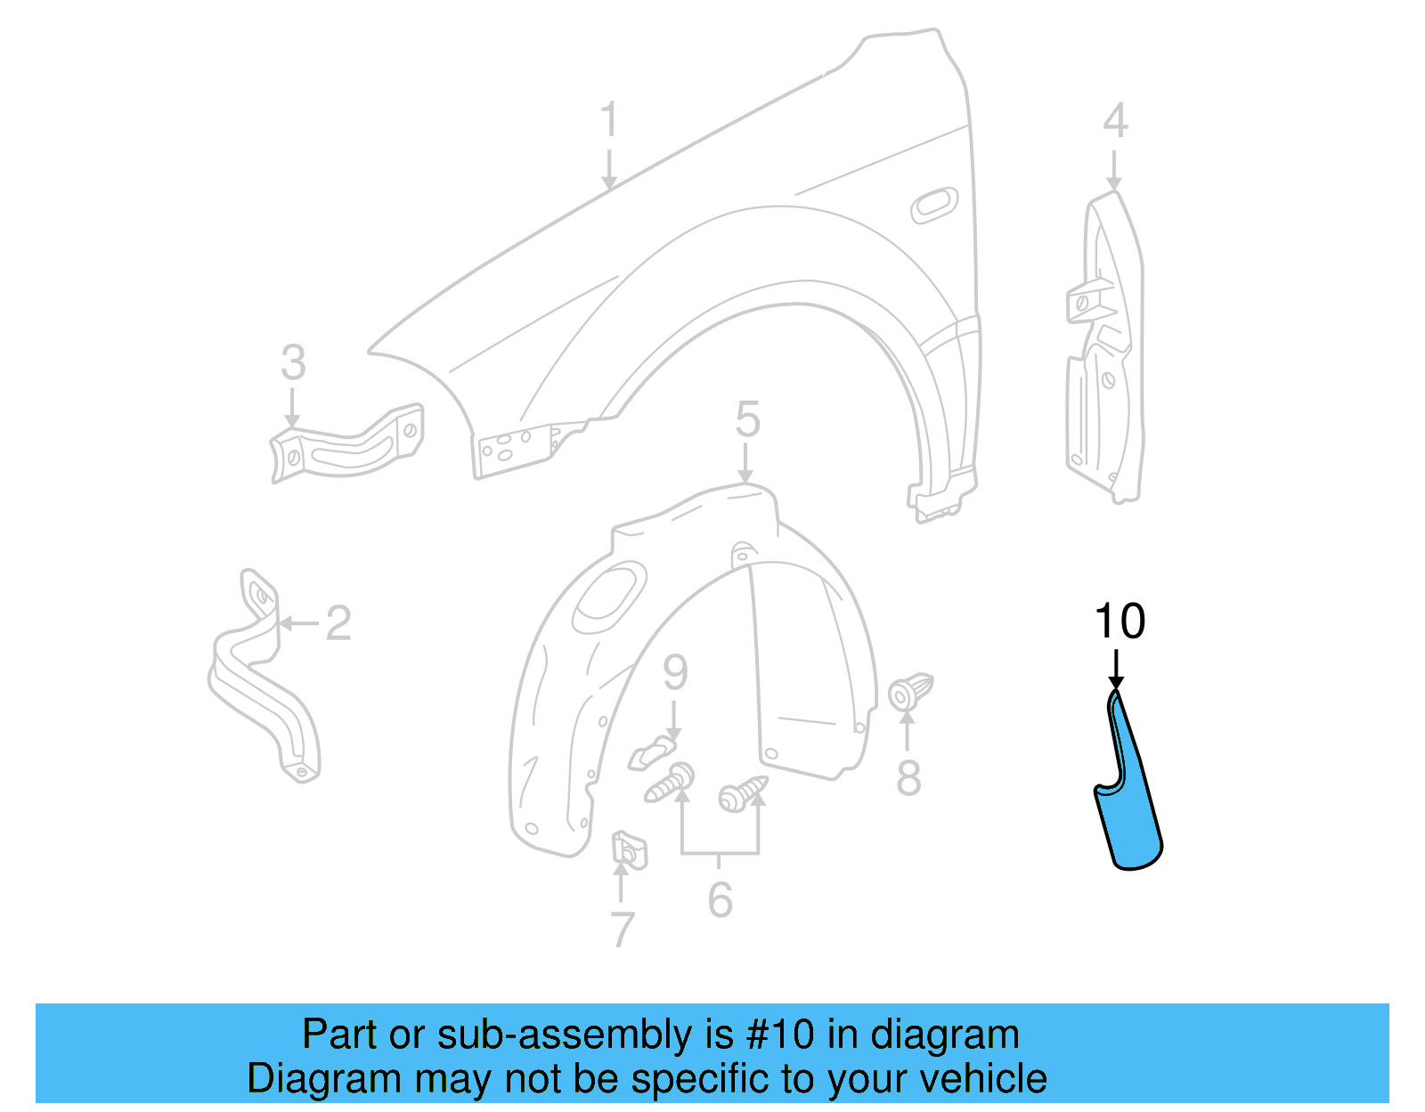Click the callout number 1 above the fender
click(x=609, y=120)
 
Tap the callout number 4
click(x=1115, y=120)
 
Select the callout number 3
click(x=293, y=363)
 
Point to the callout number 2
click(x=338, y=623)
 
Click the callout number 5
click(x=747, y=419)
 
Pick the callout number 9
click(x=675, y=672)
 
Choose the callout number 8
click(x=908, y=778)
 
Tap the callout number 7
click(x=623, y=929)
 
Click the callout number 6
click(x=721, y=899)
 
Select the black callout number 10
click(x=1120, y=621)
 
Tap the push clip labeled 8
click(x=909, y=692)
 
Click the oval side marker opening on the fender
click(x=934, y=206)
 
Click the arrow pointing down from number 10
click(x=1116, y=669)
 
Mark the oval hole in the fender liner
click(x=611, y=592)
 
